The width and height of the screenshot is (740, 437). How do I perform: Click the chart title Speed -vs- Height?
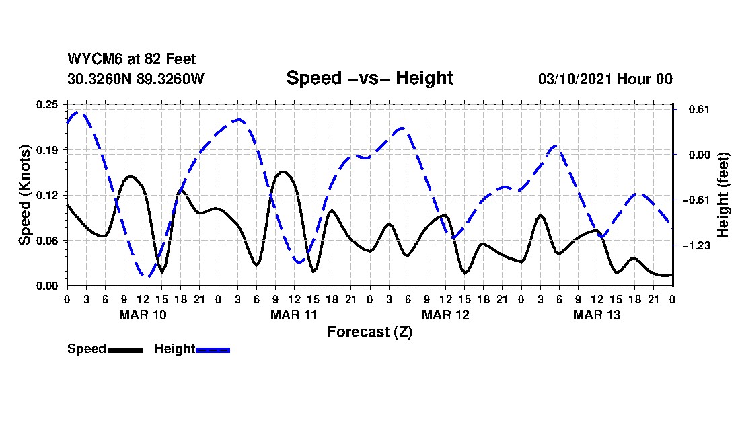point(369,78)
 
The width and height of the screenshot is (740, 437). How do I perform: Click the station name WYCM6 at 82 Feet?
point(132,59)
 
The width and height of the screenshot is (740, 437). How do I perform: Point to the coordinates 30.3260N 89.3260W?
point(136,79)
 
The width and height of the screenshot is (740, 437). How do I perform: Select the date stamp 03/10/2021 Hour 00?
point(605,79)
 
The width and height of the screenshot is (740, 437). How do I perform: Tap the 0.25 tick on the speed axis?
point(48,104)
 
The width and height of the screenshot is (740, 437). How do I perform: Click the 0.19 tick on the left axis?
point(48,149)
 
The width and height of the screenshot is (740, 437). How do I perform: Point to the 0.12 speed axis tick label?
point(48,195)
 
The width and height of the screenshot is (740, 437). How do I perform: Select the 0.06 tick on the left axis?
point(48,241)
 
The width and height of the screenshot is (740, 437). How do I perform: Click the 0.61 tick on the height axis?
point(694,109)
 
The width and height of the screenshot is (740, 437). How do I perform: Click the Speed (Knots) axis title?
point(24,195)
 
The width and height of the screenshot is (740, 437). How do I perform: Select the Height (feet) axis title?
point(723,195)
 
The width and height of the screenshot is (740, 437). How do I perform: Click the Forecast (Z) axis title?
point(369,331)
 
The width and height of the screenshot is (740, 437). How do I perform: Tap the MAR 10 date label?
point(143,315)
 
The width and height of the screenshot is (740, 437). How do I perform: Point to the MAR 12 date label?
point(445,315)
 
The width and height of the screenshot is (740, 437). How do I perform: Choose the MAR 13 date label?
point(597,315)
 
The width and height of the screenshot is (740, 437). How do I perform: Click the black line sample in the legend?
point(125,350)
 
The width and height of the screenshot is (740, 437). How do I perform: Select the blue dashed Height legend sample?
point(213,350)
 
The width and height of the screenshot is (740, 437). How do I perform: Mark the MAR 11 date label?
point(294,315)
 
